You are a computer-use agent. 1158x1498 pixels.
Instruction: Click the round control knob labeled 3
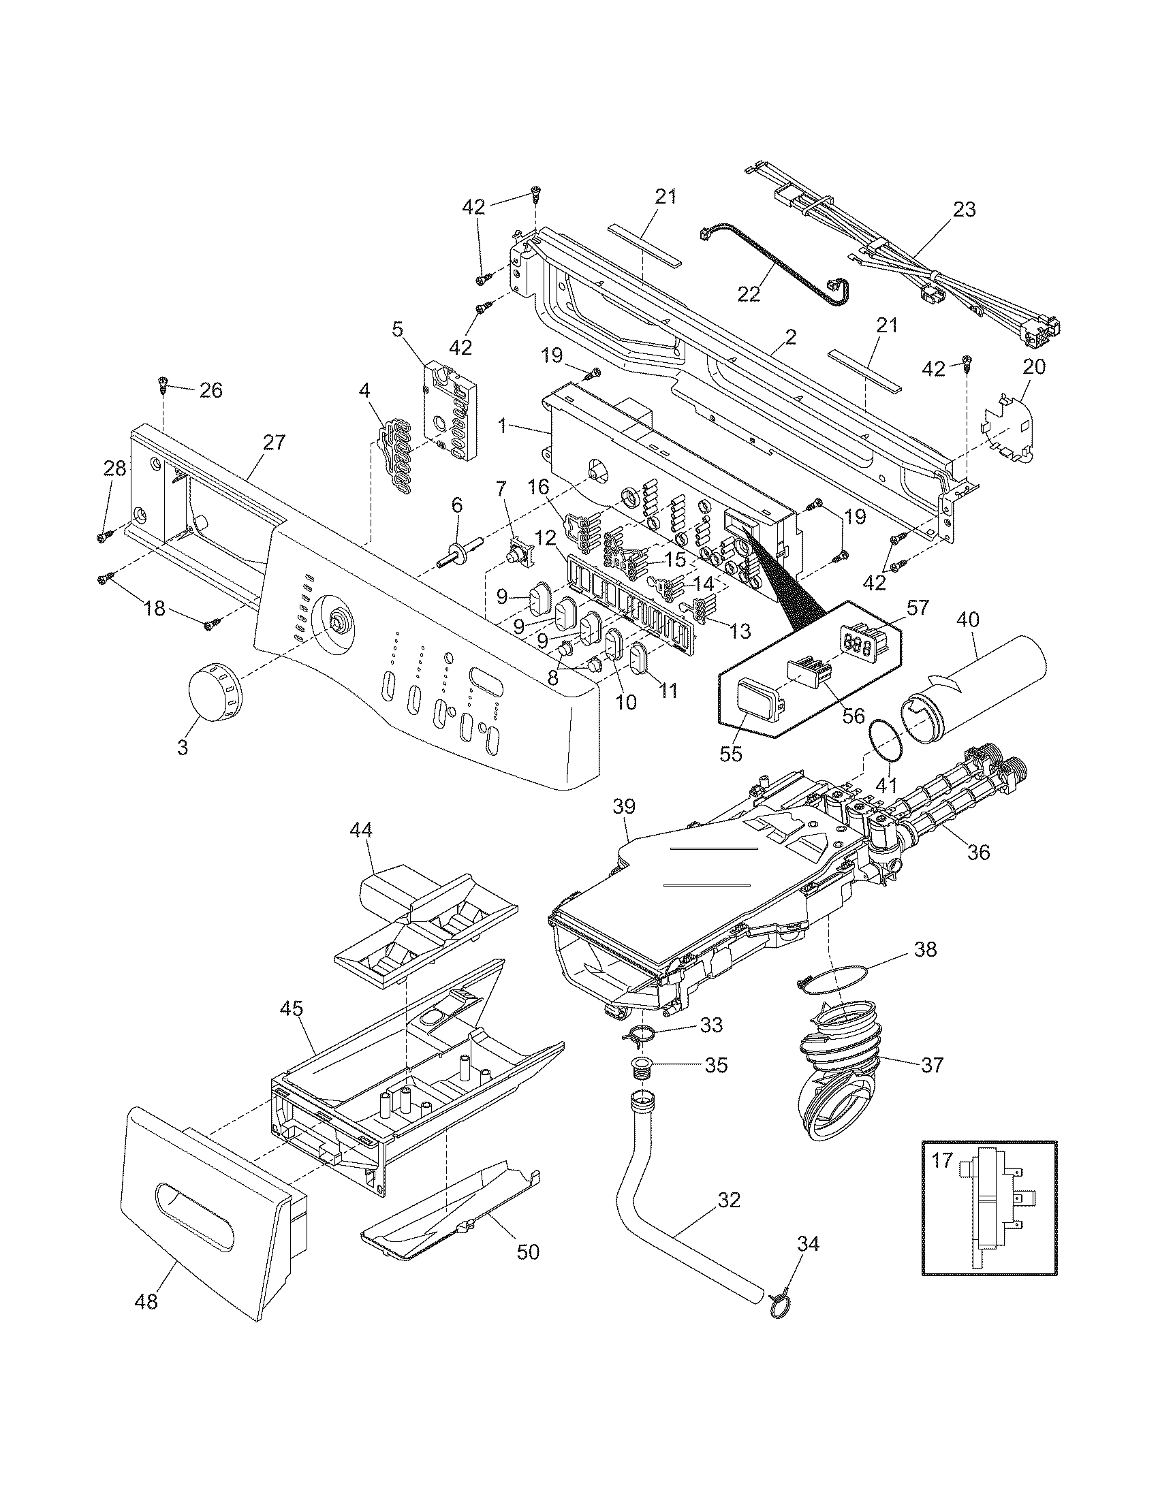214,694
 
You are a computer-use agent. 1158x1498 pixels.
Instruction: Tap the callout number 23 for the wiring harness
964,209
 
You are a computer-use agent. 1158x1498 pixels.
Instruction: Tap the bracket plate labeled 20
1010,428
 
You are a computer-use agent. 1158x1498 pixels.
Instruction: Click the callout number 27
273,443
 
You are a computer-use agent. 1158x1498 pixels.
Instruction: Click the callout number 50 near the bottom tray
527,1252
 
